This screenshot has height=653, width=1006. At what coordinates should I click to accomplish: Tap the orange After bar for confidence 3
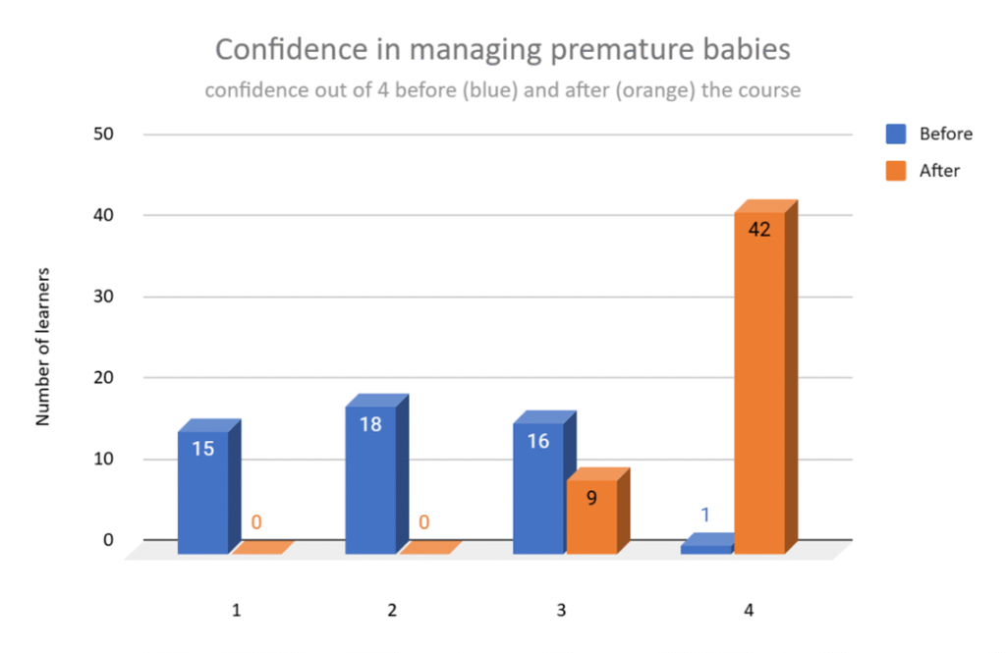591,518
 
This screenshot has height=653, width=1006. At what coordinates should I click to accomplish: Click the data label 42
759,231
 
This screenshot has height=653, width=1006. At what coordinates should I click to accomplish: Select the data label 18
370,425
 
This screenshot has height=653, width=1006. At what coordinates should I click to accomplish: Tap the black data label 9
591,498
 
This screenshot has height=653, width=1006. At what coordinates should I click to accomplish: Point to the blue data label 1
705,514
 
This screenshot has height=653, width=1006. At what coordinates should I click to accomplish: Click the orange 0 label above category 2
423,521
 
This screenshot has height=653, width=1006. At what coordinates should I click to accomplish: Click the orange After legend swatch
895,170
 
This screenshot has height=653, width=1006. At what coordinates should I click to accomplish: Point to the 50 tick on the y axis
104,134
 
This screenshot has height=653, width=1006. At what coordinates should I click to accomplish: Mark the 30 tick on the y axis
104,297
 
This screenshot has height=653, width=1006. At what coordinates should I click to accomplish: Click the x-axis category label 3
561,611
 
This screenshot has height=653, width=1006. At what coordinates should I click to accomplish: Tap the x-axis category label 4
749,611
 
